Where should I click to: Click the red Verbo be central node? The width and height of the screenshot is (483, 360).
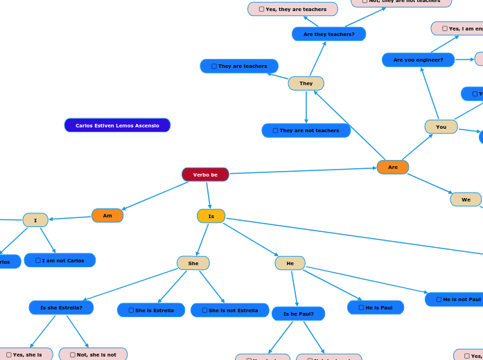click(205, 174)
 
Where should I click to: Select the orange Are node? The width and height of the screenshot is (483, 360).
click(392, 167)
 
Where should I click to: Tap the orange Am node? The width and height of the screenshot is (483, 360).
click(107, 215)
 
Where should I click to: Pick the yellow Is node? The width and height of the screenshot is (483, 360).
click(211, 216)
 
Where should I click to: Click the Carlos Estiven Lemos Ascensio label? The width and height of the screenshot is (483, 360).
click(117, 125)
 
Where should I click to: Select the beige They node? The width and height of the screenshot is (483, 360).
click(306, 83)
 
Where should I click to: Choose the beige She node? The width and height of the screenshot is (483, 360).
click(193, 263)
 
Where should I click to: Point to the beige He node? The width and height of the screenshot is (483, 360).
click(290, 263)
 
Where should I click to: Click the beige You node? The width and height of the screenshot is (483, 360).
click(441, 127)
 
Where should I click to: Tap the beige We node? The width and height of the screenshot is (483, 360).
click(466, 199)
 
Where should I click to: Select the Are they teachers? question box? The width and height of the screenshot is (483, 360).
click(328, 34)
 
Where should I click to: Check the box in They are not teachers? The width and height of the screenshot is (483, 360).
click(276, 131)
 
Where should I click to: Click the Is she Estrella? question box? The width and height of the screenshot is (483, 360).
click(61, 307)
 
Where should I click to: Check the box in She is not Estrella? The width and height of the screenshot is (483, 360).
click(204, 310)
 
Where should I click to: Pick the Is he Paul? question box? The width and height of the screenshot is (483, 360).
click(298, 314)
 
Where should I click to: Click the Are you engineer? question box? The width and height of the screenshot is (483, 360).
click(418, 60)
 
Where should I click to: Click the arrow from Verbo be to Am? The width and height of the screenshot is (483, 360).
click(155, 195)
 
